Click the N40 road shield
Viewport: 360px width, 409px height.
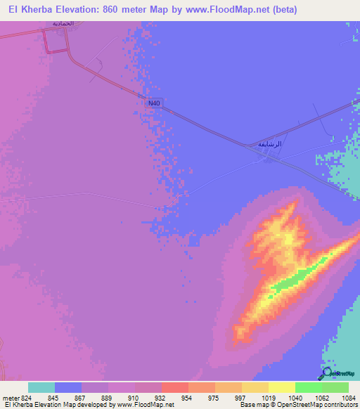pos(155,103)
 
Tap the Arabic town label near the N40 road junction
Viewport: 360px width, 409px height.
pos(269,144)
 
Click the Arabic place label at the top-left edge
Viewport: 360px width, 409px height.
pos(63,23)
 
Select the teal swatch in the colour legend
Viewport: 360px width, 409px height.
pos(41,387)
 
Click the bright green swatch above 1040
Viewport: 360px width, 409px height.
pos(308,387)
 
